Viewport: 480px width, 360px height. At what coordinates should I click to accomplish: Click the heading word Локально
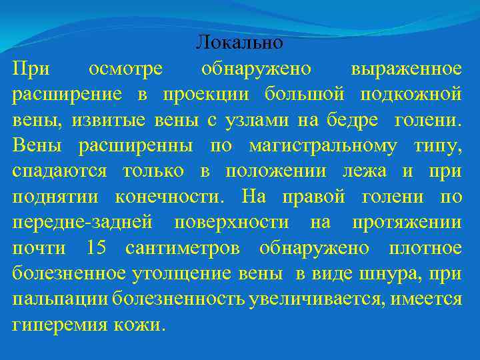(x=240, y=43)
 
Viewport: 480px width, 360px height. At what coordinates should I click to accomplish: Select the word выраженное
(x=406, y=68)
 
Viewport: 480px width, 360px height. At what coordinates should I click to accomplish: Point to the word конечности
(x=167, y=196)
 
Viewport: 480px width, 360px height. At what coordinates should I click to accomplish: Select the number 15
(x=96, y=248)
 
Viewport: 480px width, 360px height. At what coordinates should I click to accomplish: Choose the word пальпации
(x=61, y=299)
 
